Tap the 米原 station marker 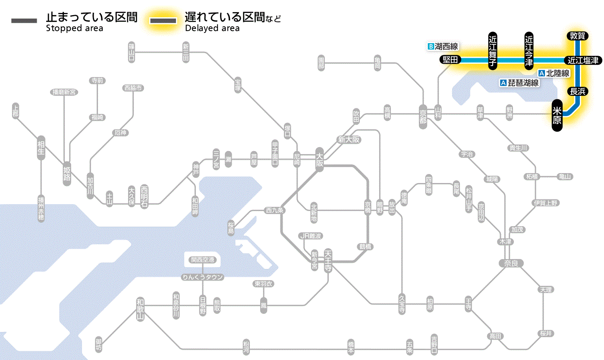[x=557, y=115]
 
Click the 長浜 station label [x=577, y=91]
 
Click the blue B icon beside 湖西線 [x=431, y=46]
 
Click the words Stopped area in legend [x=74, y=28]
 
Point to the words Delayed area [x=212, y=28]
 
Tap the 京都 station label [x=423, y=114]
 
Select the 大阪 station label [x=319, y=160]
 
